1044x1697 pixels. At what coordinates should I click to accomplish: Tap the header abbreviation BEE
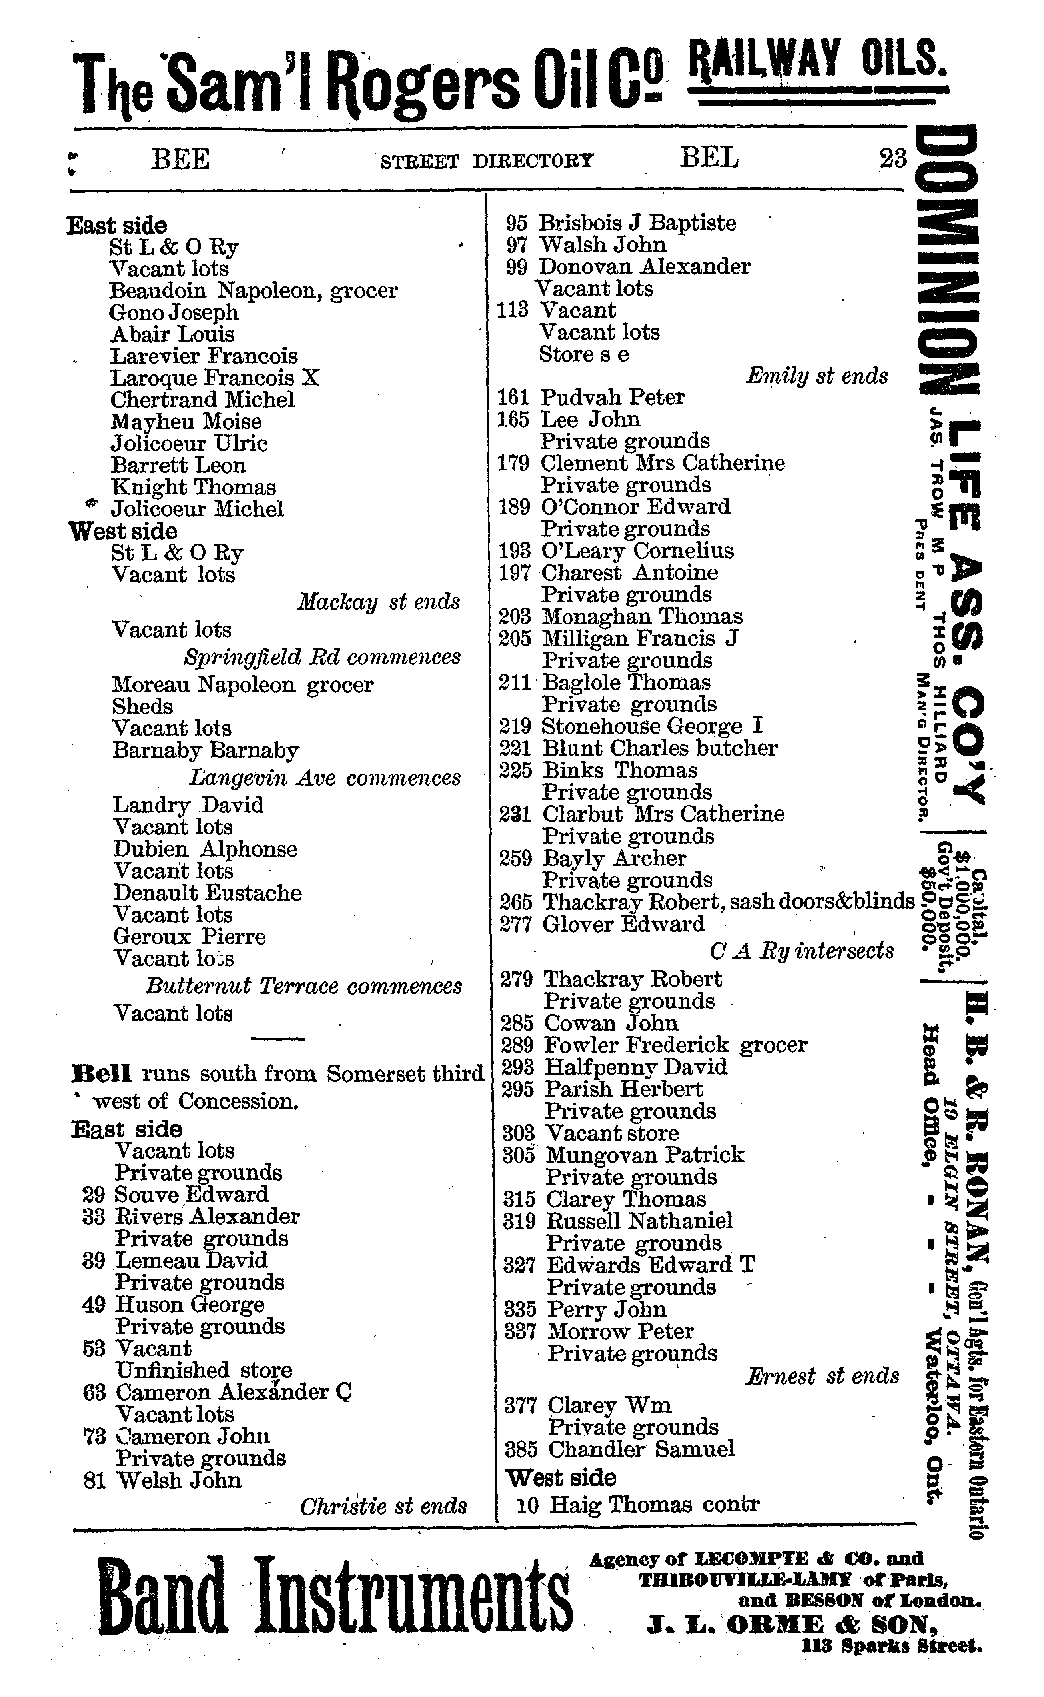(x=180, y=160)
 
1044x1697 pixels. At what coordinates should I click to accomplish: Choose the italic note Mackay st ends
(x=378, y=602)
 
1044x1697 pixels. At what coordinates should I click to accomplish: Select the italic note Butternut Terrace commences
(x=304, y=986)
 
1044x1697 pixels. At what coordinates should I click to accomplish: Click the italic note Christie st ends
(x=383, y=1506)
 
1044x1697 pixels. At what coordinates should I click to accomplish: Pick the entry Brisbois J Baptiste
(x=636, y=223)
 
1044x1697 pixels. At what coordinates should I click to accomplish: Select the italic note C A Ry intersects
(x=801, y=952)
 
